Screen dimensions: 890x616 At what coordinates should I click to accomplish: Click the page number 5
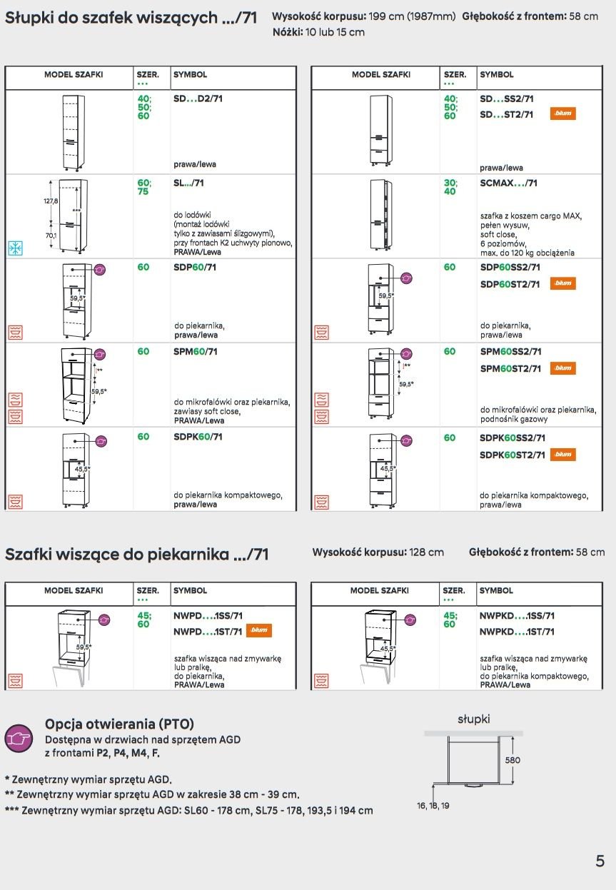click(600, 860)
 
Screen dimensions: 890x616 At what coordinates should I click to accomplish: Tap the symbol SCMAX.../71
click(509, 183)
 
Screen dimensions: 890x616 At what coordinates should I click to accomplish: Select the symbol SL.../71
click(188, 183)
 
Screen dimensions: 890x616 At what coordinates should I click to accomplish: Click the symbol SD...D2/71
click(198, 98)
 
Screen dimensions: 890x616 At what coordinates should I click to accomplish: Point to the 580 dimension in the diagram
click(513, 760)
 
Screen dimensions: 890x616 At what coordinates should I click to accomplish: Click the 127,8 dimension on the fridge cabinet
click(51, 201)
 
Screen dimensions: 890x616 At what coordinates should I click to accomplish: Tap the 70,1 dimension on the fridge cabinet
click(51, 235)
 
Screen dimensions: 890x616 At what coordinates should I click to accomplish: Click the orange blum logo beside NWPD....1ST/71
click(258, 631)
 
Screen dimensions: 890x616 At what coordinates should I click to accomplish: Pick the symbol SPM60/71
click(196, 352)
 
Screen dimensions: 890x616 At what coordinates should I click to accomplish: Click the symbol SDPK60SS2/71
click(513, 438)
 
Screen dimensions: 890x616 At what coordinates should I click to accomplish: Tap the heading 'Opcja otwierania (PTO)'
click(119, 724)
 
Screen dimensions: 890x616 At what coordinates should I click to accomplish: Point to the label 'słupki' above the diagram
click(473, 719)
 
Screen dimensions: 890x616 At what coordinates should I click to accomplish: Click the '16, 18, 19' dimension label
click(433, 806)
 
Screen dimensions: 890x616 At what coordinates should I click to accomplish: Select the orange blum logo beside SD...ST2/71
click(562, 114)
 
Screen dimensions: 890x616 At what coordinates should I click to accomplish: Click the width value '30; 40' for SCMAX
click(450, 187)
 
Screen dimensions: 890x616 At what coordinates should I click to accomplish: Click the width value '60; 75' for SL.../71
click(144, 187)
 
